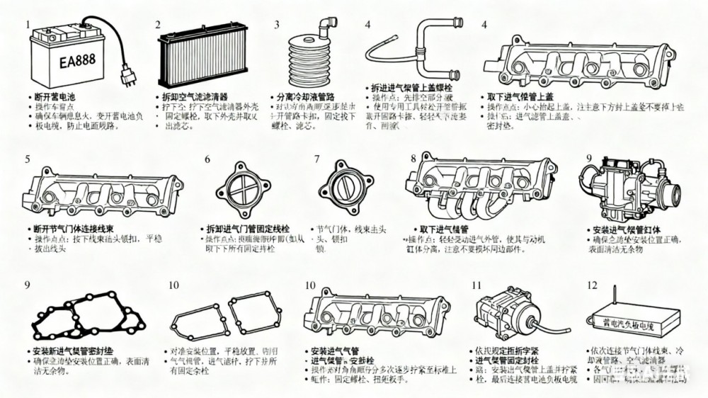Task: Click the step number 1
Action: (x=28, y=25)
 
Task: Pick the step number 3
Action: (x=277, y=25)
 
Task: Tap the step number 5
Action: (x=28, y=159)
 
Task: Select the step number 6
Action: (x=207, y=159)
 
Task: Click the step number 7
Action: (x=317, y=159)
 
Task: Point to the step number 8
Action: (x=413, y=158)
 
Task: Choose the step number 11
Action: (x=476, y=285)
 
